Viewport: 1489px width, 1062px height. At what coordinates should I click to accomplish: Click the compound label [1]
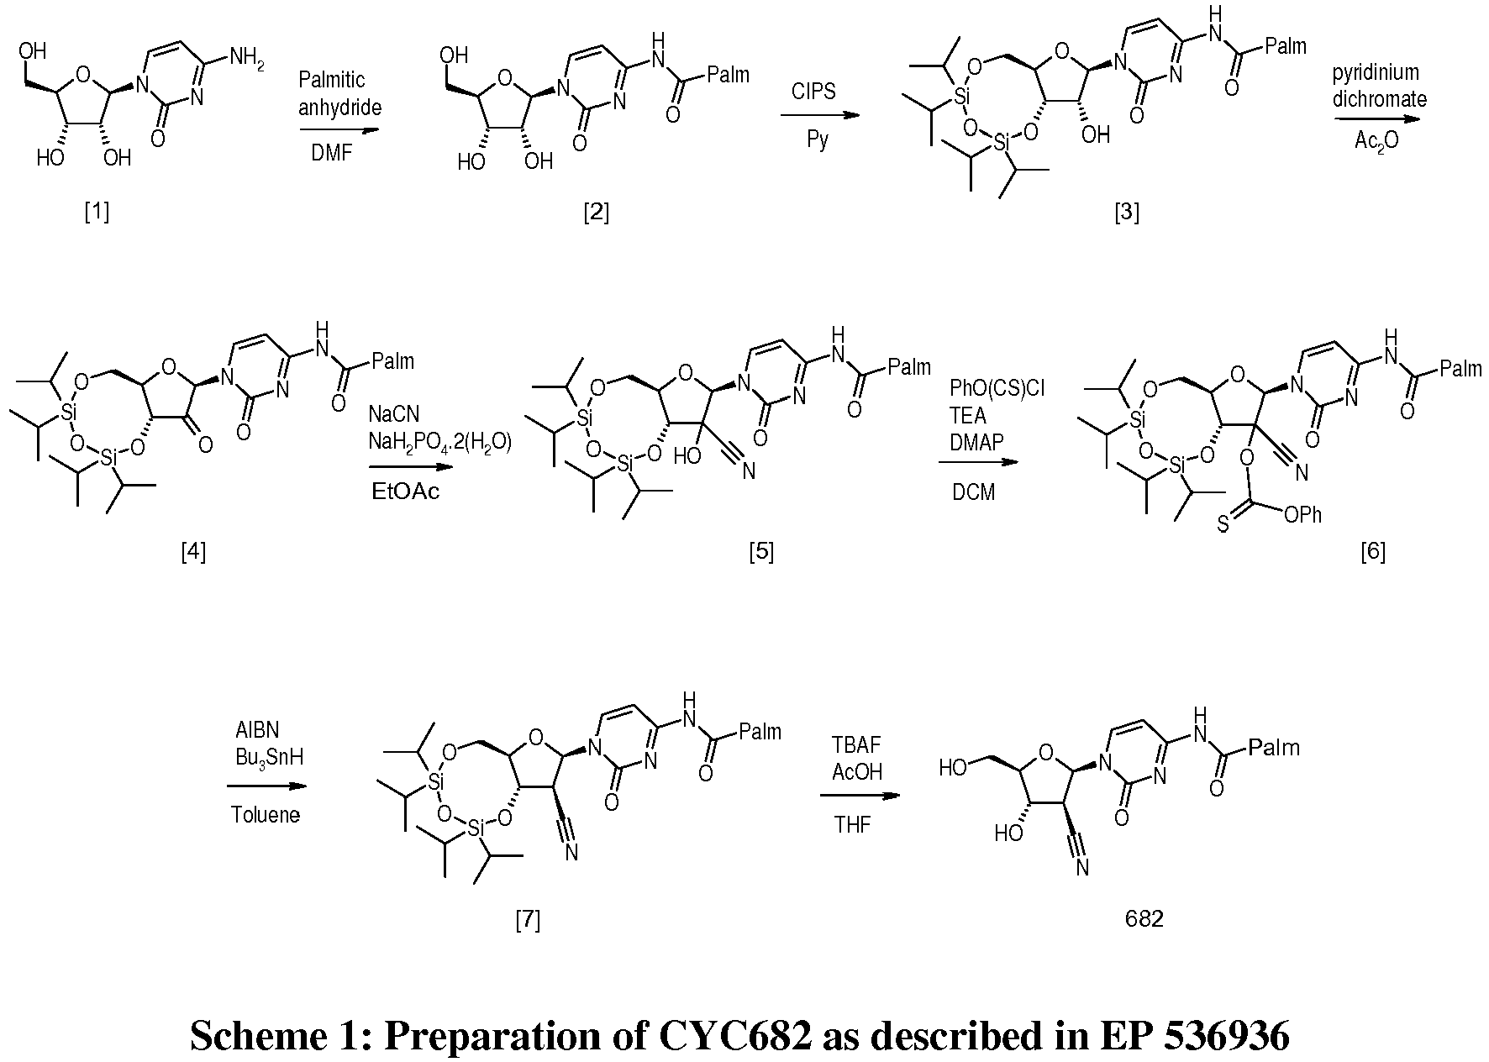(x=97, y=213)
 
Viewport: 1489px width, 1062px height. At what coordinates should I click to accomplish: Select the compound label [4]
(x=193, y=551)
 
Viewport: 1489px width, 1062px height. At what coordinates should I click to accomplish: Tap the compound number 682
(x=1144, y=919)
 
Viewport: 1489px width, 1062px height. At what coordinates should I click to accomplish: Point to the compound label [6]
(x=1372, y=551)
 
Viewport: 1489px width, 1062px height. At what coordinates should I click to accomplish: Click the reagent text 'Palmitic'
(x=332, y=81)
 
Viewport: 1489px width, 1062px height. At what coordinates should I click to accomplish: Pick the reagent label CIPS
(x=813, y=91)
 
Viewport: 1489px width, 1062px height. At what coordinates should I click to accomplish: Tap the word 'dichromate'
(x=1379, y=100)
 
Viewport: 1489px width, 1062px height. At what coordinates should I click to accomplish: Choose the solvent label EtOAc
(x=405, y=492)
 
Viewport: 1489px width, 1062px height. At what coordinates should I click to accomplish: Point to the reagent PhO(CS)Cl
(x=997, y=388)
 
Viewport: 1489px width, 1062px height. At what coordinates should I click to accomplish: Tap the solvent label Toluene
(x=266, y=815)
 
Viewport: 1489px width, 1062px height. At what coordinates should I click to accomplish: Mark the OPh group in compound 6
(x=1302, y=514)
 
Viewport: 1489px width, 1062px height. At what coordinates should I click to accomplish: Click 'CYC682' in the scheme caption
(x=734, y=1035)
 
